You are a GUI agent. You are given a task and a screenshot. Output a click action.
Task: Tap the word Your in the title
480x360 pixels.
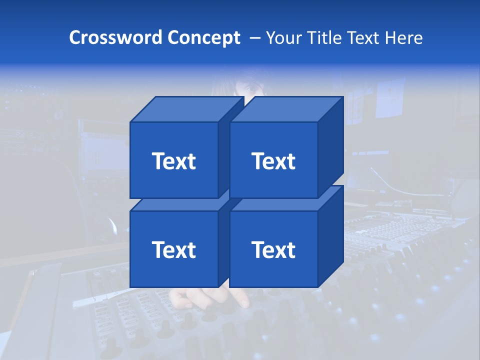[x=283, y=37]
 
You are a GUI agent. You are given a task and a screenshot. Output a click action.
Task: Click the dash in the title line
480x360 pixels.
[x=254, y=38]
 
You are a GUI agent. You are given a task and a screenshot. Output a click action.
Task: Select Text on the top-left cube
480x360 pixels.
[x=174, y=161]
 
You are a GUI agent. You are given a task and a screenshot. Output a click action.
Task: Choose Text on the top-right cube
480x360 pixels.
[x=273, y=161]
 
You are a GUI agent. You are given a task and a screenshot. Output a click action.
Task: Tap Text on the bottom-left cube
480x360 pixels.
[x=174, y=249]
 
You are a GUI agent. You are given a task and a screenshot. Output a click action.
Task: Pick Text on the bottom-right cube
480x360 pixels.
[x=273, y=249]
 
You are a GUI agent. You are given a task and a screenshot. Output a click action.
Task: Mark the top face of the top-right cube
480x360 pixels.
[x=286, y=109]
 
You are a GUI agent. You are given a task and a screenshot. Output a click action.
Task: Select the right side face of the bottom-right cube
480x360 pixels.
[x=330, y=236]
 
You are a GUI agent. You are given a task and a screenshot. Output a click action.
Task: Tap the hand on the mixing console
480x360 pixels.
[x=235, y=297]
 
